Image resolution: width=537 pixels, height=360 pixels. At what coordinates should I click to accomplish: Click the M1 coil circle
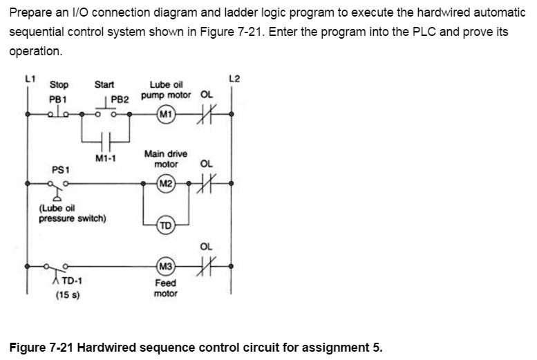pos(166,114)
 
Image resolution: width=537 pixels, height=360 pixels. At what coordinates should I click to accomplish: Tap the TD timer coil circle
pos(166,225)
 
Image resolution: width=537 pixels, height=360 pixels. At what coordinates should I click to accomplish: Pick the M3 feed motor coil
pos(166,266)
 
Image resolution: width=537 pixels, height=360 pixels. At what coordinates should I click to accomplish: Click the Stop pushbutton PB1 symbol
pos(58,113)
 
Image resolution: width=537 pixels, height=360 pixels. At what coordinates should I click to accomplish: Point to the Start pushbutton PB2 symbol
pos(104,111)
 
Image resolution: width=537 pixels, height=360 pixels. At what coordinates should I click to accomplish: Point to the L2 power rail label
pos(234,78)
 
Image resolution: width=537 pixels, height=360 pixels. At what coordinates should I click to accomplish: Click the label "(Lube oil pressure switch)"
pos(73,214)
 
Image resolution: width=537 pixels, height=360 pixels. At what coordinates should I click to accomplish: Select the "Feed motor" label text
pos(166,288)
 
